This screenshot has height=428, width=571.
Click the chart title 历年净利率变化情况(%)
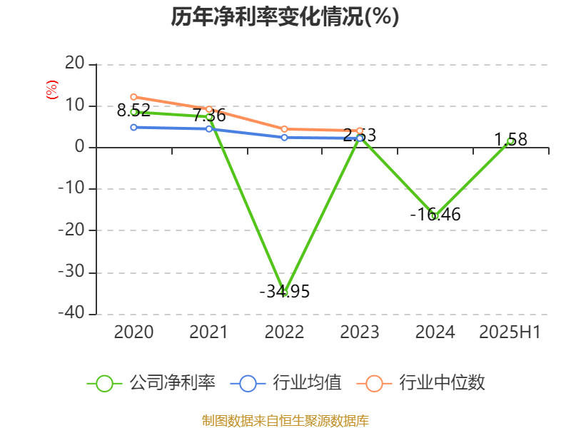coord(285,17)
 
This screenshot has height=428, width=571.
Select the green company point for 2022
coord(284,292)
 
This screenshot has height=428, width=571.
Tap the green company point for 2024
coord(435,215)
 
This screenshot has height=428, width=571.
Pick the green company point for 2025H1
coord(510,141)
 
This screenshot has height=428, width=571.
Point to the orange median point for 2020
coord(133,97)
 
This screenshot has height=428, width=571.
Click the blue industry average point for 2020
coord(133,127)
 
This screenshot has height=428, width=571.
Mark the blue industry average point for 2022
coord(284,137)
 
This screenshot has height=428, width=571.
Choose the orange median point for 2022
coord(284,129)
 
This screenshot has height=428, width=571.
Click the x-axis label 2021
coord(208,332)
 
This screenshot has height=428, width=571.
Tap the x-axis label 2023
coord(360,332)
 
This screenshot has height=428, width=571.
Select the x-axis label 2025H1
coord(510,332)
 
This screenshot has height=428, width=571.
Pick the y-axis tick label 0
coord(80,148)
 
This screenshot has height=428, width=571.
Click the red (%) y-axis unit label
coord(51,90)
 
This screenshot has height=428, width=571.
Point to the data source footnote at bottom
coord(285,420)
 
